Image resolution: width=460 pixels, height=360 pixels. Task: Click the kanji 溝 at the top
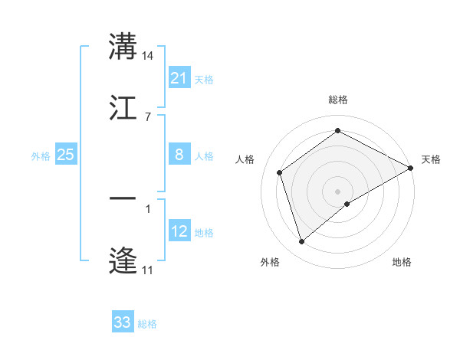pos(123,47)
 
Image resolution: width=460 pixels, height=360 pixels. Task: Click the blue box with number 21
pos(179,77)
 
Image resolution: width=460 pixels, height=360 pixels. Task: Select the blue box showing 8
pos(179,155)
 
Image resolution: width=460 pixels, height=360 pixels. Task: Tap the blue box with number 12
pos(179,231)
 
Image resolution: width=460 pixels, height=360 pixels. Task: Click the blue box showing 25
pos(66,155)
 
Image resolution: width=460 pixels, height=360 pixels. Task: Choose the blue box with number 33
pos(123,322)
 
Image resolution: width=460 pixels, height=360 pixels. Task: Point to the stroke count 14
pos(148,56)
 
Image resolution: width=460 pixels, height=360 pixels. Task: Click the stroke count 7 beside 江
pos(147,116)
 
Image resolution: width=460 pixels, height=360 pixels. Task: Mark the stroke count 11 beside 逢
pos(147,270)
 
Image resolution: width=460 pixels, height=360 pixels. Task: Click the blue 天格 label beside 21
pos(204,79)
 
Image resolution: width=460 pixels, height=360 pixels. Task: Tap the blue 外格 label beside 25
pos(41,156)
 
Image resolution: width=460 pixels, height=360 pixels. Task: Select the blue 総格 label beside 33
pos(147,324)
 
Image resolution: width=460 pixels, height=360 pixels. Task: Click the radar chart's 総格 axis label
pos(338,100)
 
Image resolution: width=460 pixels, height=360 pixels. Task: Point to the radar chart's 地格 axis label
pos(402,262)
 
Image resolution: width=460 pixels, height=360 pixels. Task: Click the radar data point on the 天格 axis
pos(411,168)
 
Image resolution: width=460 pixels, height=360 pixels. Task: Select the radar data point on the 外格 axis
pos(301,242)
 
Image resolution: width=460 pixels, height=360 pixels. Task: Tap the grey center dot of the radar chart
pos(338,191)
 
